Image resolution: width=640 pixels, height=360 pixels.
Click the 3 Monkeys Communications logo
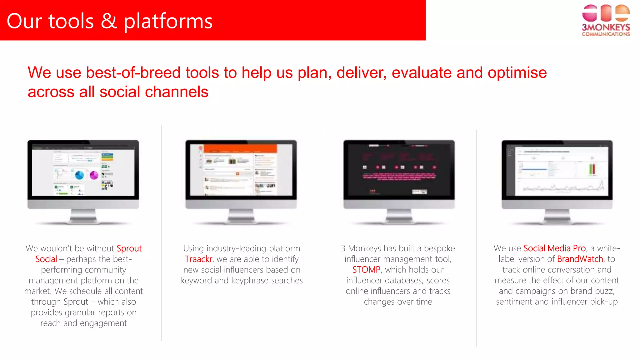coord(605,20)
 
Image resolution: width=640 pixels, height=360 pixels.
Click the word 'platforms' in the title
coord(168,21)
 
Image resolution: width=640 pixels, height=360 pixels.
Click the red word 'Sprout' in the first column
coord(129,248)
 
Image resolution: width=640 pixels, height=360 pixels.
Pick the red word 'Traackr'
coord(198,259)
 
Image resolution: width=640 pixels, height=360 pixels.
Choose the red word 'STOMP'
coord(366,270)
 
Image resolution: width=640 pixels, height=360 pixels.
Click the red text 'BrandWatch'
coord(580,259)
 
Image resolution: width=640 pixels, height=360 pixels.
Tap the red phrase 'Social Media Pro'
coord(554,248)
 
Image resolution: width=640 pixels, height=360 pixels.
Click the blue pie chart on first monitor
coord(79,175)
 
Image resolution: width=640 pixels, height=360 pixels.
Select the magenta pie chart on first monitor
coord(94,175)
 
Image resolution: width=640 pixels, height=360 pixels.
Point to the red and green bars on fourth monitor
coord(592,169)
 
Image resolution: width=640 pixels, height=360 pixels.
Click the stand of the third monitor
coord(399,216)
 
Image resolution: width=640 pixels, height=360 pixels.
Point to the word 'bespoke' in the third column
coord(439,248)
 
